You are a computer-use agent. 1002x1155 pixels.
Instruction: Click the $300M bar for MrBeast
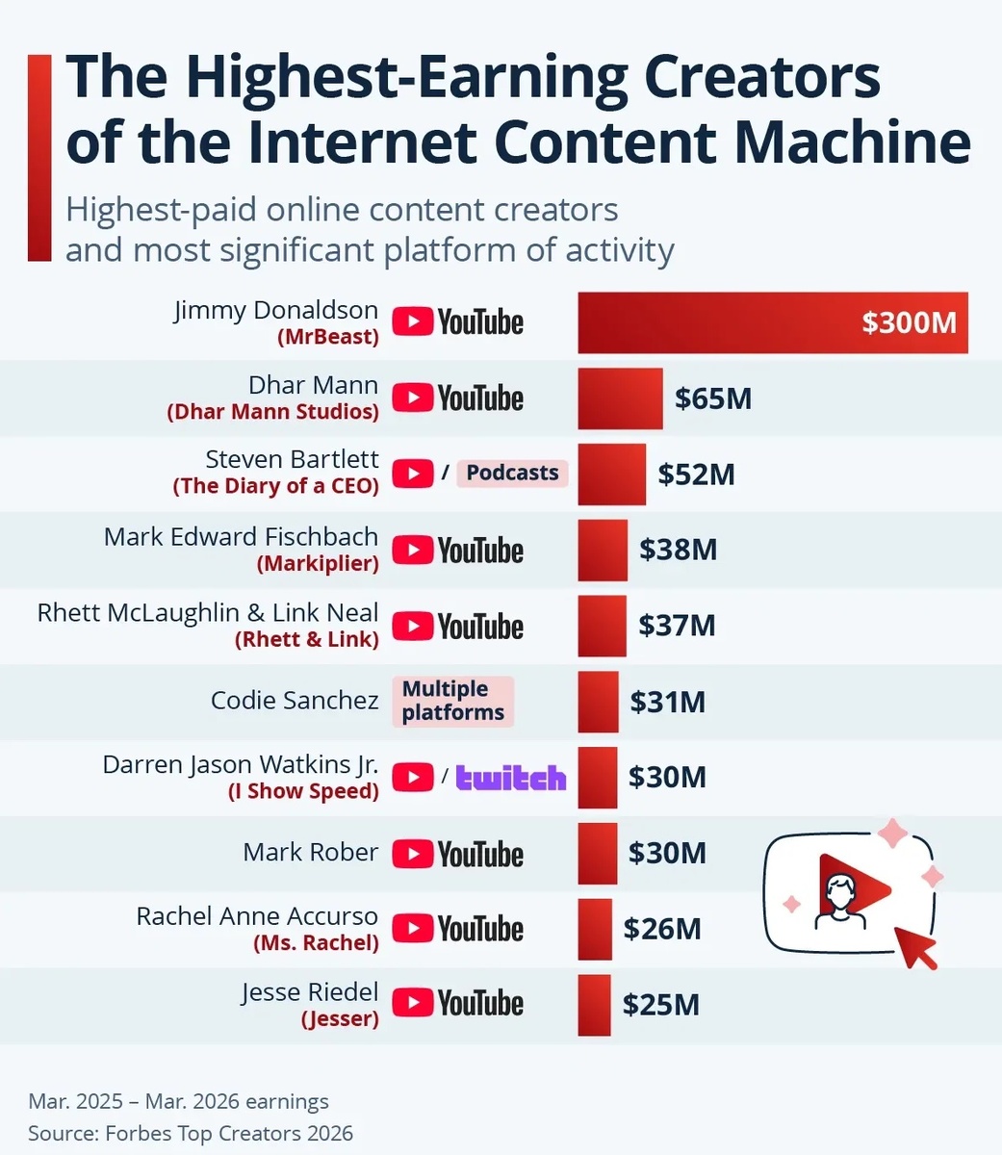(x=773, y=322)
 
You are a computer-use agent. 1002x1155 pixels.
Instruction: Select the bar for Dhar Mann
(x=621, y=398)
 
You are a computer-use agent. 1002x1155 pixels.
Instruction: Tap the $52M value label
(x=696, y=474)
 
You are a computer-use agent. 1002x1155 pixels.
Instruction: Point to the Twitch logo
(x=511, y=778)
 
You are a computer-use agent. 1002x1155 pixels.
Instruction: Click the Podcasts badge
(x=512, y=473)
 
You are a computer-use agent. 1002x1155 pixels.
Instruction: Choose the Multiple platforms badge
(x=453, y=701)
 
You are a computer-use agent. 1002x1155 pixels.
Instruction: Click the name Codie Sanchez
(x=295, y=701)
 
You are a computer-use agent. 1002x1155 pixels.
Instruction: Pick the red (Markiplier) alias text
(x=318, y=563)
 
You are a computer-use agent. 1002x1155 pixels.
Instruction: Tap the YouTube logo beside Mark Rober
(x=458, y=854)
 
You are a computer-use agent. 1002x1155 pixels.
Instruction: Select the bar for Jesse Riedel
(x=595, y=1005)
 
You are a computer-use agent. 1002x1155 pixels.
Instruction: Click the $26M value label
(x=662, y=929)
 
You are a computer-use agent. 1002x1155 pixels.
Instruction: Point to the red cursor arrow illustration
(x=915, y=947)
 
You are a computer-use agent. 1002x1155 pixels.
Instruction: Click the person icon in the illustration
(x=840, y=902)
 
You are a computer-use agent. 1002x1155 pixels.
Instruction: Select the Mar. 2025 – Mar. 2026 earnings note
(x=178, y=1101)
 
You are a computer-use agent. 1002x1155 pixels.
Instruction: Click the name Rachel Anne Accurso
(x=257, y=916)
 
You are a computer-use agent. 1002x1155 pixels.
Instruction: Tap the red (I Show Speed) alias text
(x=303, y=791)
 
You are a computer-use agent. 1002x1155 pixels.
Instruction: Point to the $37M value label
(x=677, y=626)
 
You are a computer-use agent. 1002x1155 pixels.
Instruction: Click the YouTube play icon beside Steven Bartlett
(x=413, y=473)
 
